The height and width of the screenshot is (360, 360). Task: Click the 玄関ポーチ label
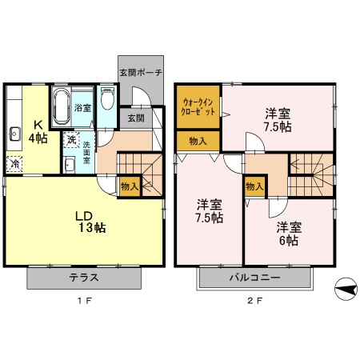pyautogui.click(x=141, y=72)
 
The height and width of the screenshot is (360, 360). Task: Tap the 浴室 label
pyautogui.click(x=82, y=107)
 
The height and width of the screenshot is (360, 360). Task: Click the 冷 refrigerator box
pyautogui.click(x=15, y=163)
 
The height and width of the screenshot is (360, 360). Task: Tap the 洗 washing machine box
pyautogui.click(x=71, y=141)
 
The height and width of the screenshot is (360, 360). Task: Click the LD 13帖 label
pyautogui.click(x=90, y=221)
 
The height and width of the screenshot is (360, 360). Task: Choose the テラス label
pyautogui.click(x=84, y=278)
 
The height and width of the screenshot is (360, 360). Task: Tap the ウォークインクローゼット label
pyautogui.click(x=197, y=108)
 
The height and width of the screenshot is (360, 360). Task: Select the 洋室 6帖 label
pyautogui.click(x=287, y=234)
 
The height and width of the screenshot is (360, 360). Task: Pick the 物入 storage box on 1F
pyautogui.click(x=130, y=186)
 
